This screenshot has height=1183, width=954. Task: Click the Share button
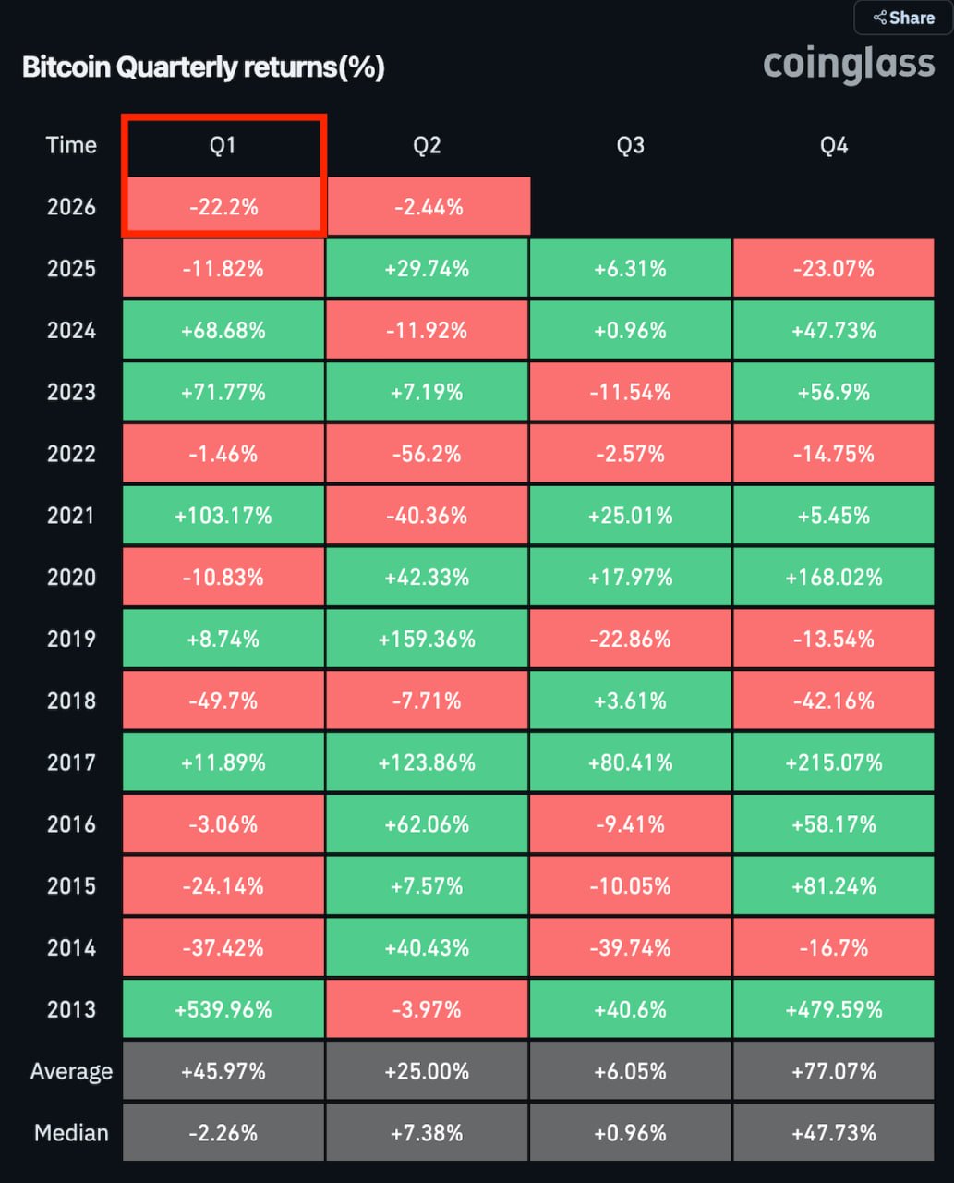903,18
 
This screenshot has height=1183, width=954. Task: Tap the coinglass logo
849,65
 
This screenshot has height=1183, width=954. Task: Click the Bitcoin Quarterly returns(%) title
203,67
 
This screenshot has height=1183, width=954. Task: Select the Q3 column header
631,145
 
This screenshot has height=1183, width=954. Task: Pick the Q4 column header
834,145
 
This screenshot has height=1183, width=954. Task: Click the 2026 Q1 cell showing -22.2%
223,207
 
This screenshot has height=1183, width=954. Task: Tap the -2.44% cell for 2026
429,207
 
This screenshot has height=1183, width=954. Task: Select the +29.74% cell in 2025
428,269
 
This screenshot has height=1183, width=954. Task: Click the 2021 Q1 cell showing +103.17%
223,516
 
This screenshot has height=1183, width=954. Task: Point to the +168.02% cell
834,578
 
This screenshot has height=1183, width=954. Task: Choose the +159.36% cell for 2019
428,640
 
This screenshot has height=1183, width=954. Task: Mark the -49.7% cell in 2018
223,701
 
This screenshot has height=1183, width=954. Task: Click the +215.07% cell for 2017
834,762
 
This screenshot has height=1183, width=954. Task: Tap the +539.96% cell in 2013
223,1009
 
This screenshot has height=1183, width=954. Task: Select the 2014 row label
71,947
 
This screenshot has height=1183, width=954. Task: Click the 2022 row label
71,454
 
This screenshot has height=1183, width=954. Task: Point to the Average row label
71,1071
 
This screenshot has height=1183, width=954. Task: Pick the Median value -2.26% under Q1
223,1133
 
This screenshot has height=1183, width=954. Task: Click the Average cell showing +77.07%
834,1071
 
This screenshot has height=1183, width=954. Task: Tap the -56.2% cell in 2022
428,454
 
